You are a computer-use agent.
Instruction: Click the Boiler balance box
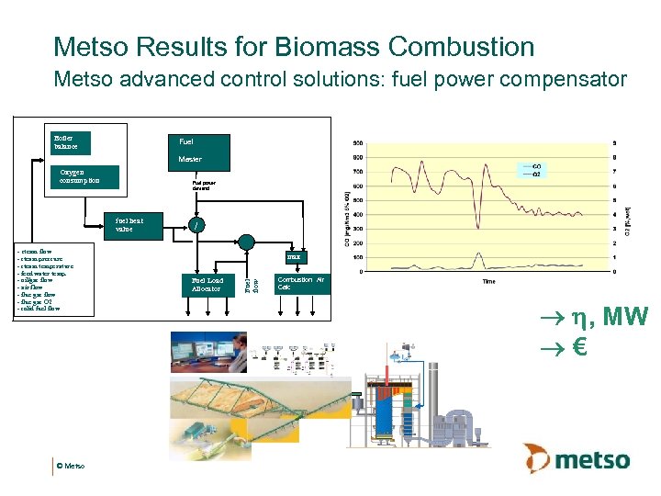click(x=74, y=143)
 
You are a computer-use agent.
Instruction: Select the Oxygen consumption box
click(x=85, y=176)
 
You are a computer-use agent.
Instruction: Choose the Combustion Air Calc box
click(x=301, y=283)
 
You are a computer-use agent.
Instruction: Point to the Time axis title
click(x=488, y=281)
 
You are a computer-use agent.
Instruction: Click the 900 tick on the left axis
click(x=356, y=142)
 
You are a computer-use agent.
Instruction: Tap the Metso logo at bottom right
click(x=577, y=457)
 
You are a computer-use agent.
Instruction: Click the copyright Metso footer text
click(x=70, y=467)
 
